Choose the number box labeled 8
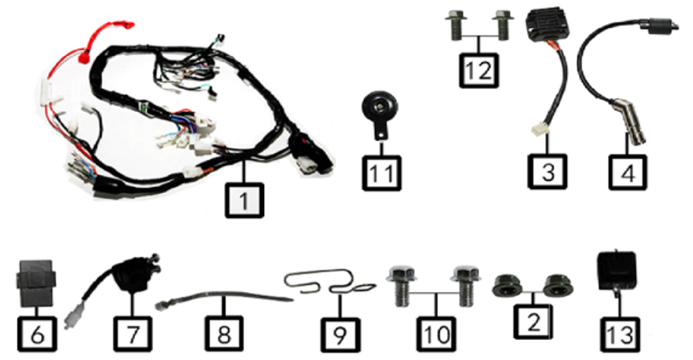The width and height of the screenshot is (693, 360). click(x=224, y=334)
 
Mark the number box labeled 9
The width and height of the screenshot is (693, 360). click(x=340, y=334)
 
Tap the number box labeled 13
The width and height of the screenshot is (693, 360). click(x=620, y=334)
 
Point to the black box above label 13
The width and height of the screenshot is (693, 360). click(x=616, y=270)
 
